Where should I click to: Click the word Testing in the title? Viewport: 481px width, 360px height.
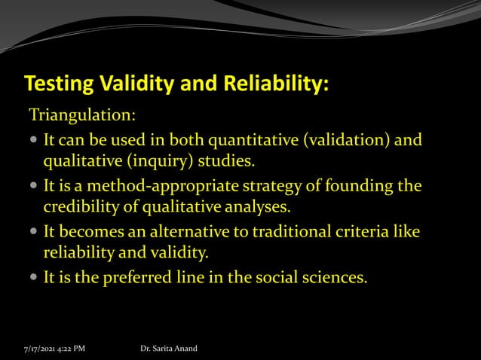57,84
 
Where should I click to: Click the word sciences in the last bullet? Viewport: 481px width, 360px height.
335,277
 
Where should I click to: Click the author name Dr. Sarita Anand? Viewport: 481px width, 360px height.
169,348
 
